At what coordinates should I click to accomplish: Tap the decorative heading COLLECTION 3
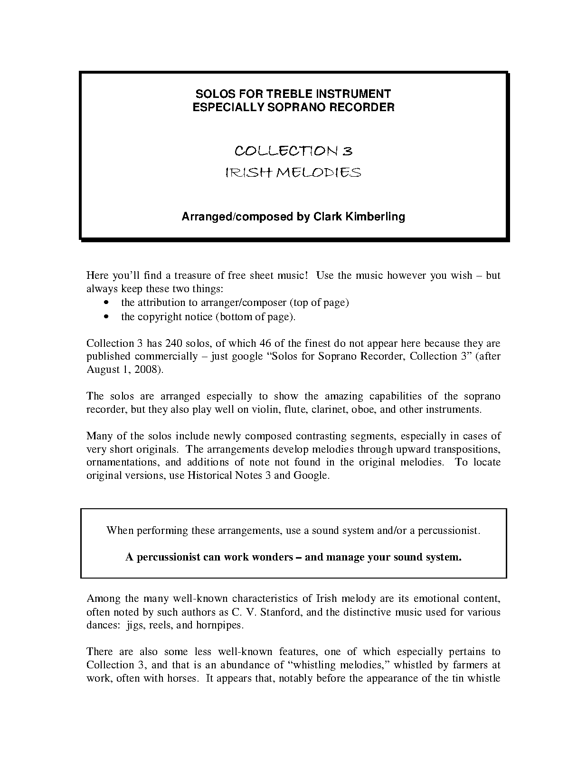[x=293, y=151]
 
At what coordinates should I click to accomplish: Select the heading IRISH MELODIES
[x=293, y=172]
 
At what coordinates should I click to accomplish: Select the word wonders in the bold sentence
[x=269, y=557]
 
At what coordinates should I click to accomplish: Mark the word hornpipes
[x=219, y=625]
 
